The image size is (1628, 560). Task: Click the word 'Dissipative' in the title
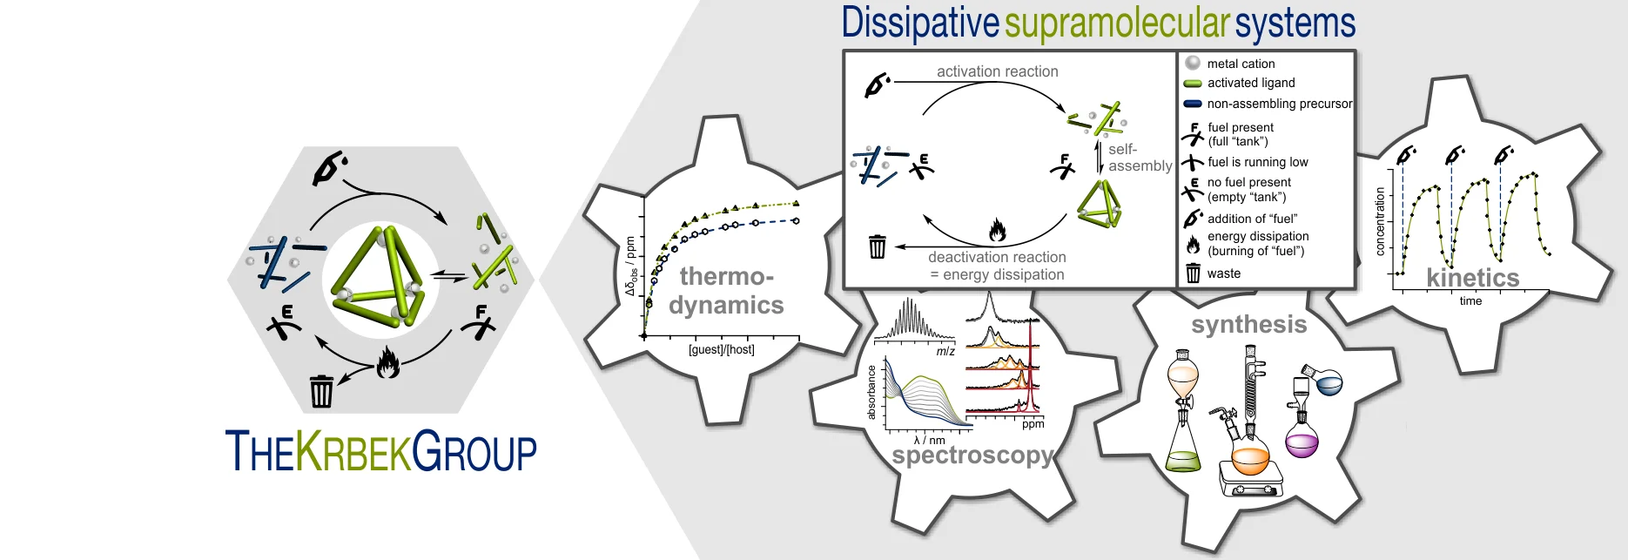click(919, 24)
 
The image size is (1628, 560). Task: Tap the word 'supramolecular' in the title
click(1118, 24)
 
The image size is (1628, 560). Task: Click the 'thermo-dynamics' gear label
click(726, 291)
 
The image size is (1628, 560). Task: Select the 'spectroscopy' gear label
click(972, 455)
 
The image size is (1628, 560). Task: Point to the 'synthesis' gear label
click(1249, 325)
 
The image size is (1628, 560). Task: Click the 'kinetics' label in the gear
click(1472, 278)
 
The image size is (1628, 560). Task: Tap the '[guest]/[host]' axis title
click(721, 350)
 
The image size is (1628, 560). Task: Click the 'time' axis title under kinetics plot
click(1470, 301)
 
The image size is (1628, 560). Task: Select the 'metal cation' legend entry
click(1241, 64)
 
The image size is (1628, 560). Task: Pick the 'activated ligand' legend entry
click(1251, 83)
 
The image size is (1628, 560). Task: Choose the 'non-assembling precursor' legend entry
click(1279, 104)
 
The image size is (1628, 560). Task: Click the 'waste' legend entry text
click(1224, 273)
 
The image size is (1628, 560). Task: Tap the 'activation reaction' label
click(997, 71)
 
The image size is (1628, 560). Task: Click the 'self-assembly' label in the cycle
click(1139, 158)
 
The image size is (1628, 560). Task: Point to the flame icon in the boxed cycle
click(998, 230)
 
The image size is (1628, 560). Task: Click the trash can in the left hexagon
click(321, 391)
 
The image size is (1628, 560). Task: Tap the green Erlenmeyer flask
click(1182, 449)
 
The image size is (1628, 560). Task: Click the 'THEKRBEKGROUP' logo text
click(380, 450)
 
